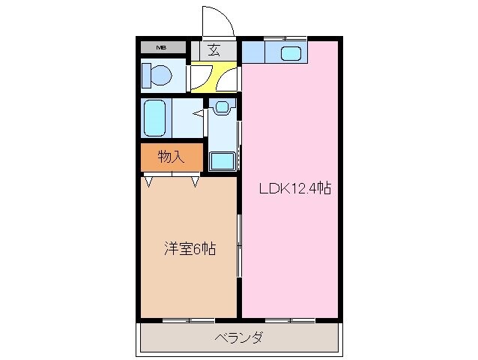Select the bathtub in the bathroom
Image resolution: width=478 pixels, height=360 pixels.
click(157, 116)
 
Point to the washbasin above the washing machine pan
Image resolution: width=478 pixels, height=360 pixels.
click(223, 106)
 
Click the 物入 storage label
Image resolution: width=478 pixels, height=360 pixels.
click(172, 157)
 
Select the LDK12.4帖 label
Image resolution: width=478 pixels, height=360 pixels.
click(294, 189)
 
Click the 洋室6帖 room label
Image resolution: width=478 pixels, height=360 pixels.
click(190, 249)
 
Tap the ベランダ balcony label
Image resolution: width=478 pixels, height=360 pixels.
click(238, 337)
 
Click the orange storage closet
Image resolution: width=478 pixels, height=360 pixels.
click(172, 157)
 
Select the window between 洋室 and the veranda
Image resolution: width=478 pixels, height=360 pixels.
click(189, 320)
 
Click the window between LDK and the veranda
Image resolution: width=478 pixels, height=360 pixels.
click(290, 320)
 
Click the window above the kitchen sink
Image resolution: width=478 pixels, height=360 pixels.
click(285, 37)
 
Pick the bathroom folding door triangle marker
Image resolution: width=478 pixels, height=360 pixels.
click(199, 114)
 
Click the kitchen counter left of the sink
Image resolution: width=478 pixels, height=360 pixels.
click(252, 52)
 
